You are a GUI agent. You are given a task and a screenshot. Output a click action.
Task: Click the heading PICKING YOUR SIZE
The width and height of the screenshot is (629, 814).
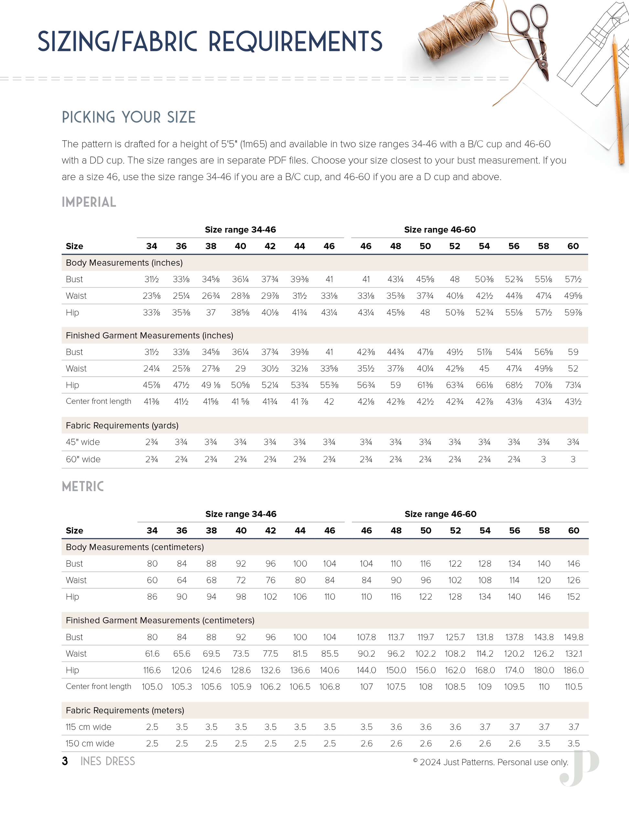(x=129, y=117)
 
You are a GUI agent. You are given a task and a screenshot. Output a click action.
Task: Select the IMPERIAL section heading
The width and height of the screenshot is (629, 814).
(x=89, y=202)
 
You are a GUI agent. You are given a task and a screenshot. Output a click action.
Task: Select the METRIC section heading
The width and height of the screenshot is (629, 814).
(x=83, y=487)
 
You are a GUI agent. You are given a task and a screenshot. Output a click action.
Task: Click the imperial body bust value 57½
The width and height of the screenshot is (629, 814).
(x=573, y=279)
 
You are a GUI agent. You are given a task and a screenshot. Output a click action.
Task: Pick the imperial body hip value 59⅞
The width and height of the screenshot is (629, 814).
(x=573, y=312)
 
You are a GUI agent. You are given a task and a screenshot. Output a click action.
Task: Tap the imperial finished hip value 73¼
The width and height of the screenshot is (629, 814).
(x=573, y=385)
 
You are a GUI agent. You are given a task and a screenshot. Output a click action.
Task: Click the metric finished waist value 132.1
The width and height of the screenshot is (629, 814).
(x=573, y=654)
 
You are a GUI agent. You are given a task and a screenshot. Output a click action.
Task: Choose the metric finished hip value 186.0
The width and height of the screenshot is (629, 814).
(x=573, y=670)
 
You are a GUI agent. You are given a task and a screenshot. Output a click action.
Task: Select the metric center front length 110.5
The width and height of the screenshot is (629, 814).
(x=573, y=687)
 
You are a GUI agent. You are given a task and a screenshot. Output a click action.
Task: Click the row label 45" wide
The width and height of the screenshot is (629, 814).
(x=83, y=442)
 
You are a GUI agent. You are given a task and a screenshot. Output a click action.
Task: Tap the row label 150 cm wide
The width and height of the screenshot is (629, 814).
(x=90, y=744)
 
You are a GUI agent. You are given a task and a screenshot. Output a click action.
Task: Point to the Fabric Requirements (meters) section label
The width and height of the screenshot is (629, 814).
(x=125, y=710)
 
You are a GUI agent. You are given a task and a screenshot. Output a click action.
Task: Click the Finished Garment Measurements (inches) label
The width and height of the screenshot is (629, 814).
(x=149, y=336)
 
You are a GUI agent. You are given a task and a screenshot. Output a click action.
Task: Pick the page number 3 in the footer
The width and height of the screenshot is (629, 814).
(x=65, y=761)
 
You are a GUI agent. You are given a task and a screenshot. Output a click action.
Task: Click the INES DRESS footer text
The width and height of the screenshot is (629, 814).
(x=108, y=761)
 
